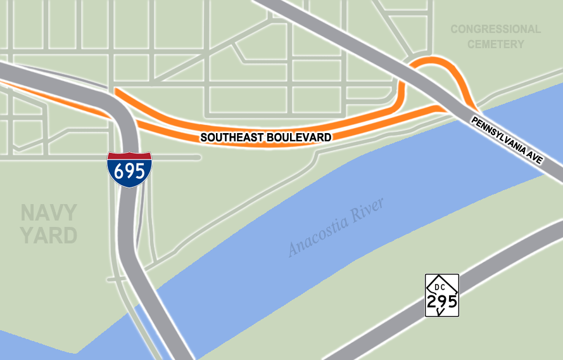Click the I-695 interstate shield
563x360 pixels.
[x=129, y=169]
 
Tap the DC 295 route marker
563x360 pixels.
[x=441, y=295]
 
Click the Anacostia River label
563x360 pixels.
[x=336, y=227]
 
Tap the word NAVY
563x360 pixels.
[x=49, y=212]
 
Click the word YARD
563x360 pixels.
[x=49, y=235]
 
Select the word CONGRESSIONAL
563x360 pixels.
[x=495, y=29]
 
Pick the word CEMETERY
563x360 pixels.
[x=495, y=44]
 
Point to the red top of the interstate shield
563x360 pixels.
[x=129, y=156]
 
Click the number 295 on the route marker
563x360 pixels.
[x=441, y=300]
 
